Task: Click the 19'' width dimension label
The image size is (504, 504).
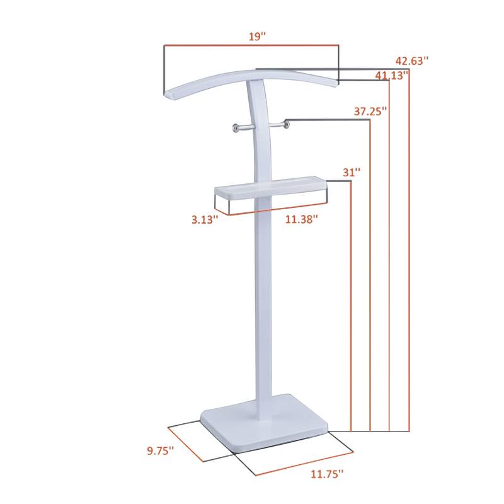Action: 257,36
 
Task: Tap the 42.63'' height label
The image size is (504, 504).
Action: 412,61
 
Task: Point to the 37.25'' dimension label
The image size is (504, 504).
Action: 370,112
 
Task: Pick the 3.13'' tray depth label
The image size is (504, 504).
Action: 205,219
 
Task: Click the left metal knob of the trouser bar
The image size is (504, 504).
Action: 234,129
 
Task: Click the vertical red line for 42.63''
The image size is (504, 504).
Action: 409,252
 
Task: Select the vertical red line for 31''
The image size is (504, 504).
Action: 350,302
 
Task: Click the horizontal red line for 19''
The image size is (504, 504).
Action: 252,45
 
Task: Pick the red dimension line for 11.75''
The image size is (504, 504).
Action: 302,464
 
